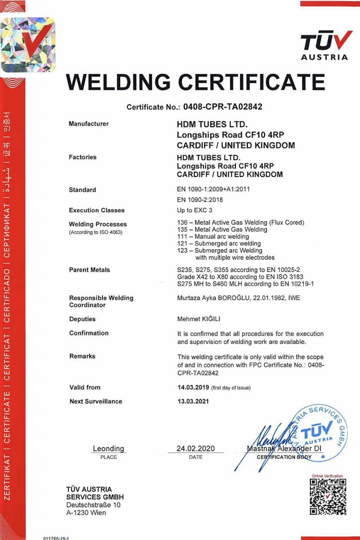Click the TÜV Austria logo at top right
324,46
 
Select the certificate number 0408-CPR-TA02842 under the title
222,107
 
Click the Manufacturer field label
89,124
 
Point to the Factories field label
83,157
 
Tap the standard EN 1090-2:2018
200,200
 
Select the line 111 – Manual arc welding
214,237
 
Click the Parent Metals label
89,270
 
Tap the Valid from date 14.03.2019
193,387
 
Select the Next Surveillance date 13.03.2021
193,401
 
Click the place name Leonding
108,448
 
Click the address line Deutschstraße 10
93,505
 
